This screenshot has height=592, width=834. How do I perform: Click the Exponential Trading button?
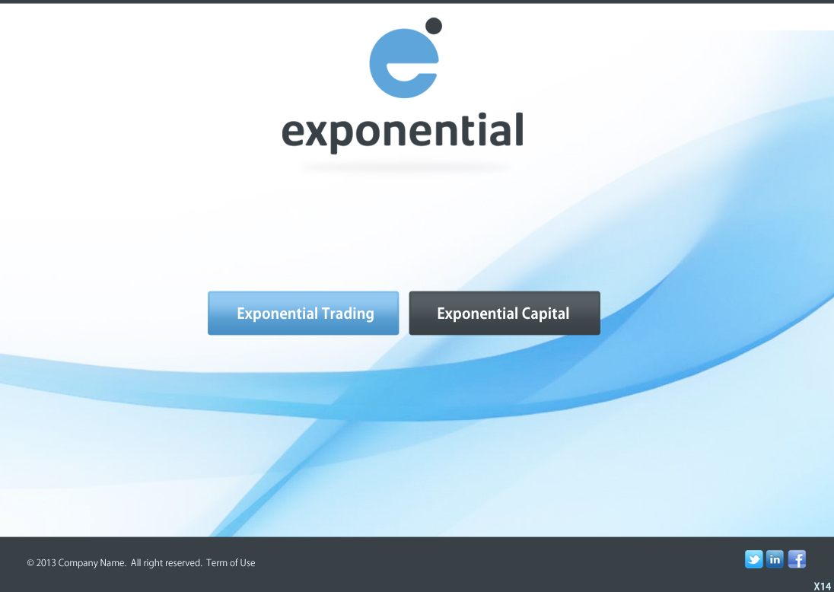(303, 314)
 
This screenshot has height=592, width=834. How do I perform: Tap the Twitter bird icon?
(753, 559)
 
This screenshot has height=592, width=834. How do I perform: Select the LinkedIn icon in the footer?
(775, 559)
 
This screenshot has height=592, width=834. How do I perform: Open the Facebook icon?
(797, 559)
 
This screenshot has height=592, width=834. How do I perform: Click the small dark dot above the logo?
(434, 26)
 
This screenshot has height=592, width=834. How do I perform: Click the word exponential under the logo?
(403, 132)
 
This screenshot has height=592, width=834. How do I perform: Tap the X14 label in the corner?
(823, 586)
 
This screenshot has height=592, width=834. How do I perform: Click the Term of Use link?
(231, 563)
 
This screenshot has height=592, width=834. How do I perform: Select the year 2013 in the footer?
(46, 563)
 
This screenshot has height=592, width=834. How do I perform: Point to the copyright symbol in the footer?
(30, 563)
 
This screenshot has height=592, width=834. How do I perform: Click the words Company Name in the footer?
(92, 563)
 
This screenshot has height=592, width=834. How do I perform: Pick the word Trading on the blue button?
(348, 314)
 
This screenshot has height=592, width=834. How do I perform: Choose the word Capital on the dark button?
(545, 314)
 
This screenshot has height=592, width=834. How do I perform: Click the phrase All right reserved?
(167, 563)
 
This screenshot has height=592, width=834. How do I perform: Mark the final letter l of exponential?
(519, 129)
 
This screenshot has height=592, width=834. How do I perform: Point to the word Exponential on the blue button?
(278, 314)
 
